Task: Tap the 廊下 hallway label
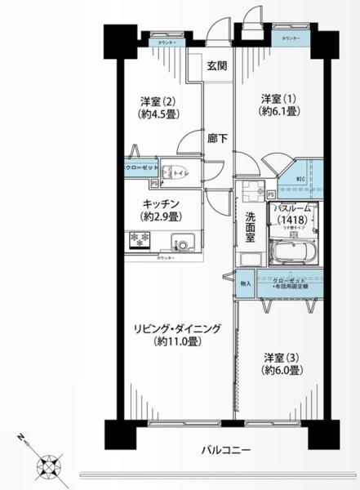216,139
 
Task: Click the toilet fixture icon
171,172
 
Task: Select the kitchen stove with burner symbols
138,240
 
